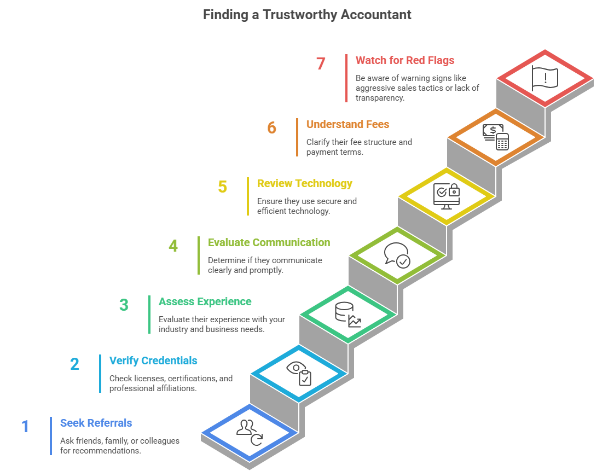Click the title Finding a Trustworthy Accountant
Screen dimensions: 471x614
tap(307, 15)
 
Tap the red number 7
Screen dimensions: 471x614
tap(321, 64)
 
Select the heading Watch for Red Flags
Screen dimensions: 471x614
tap(405, 60)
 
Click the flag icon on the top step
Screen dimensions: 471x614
tap(545, 78)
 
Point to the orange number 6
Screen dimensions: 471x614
tap(272, 128)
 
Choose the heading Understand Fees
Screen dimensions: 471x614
tap(347, 124)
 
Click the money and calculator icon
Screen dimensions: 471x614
tap(496, 137)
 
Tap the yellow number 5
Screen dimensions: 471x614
tap(222, 187)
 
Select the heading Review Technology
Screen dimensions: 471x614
tap(304, 183)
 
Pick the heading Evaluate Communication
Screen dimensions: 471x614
tap(269, 242)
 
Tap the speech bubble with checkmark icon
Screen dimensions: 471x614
tap(397, 255)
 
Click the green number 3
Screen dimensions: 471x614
tap(124, 305)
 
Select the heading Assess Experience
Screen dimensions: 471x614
tap(205, 301)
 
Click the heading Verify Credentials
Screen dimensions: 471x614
tap(153, 360)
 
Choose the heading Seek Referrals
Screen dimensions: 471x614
tap(96, 423)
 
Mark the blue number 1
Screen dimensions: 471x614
tap(25, 427)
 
